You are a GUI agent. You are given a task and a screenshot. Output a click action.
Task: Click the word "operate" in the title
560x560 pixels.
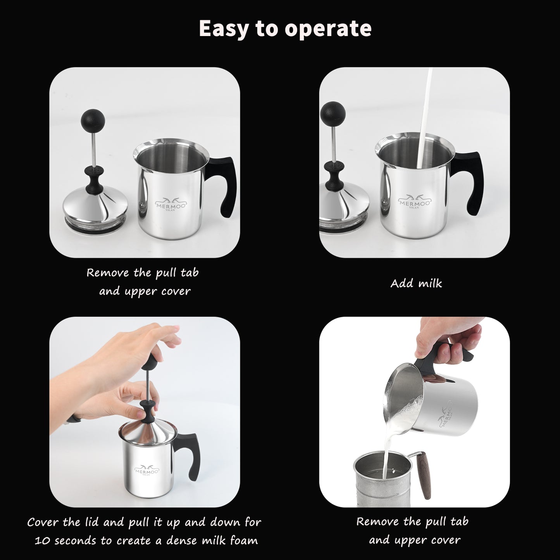pos(328,29)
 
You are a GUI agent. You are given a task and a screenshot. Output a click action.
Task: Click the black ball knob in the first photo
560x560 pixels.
pos(93,119)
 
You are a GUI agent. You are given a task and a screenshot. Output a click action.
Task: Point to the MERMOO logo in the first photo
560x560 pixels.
pos(170,203)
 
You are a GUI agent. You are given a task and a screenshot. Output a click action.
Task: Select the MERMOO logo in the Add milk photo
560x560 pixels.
pos(415,201)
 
